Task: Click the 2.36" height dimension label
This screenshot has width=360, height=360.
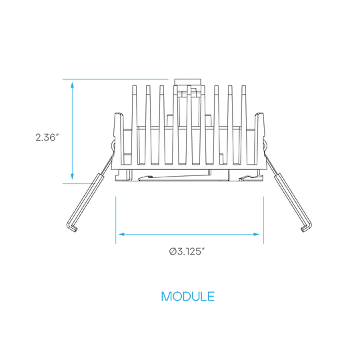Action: click(x=46, y=137)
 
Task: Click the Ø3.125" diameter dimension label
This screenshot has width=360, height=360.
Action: click(x=187, y=251)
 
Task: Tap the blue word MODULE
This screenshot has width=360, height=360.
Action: click(x=188, y=296)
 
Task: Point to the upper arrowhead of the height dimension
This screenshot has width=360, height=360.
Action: click(x=72, y=85)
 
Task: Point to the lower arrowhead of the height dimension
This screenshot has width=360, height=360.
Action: click(x=72, y=176)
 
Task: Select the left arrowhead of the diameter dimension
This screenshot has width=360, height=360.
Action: click(x=121, y=234)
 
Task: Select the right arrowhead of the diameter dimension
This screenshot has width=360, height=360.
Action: click(x=256, y=234)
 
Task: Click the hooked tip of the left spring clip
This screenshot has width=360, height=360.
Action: click(x=72, y=228)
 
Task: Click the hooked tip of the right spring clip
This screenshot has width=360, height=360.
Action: click(x=306, y=228)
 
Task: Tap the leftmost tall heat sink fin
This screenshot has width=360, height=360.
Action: click(x=134, y=125)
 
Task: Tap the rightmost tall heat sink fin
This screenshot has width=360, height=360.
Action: click(x=244, y=125)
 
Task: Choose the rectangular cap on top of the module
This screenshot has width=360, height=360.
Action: click(x=188, y=82)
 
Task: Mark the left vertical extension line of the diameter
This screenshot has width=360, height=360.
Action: click(x=116, y=220)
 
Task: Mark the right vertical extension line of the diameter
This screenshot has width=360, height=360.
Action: click(x=263, y=220)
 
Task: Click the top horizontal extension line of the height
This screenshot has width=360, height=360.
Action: click(x=115, y=79)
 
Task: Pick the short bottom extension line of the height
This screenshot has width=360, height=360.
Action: click(x=79, y=183)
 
